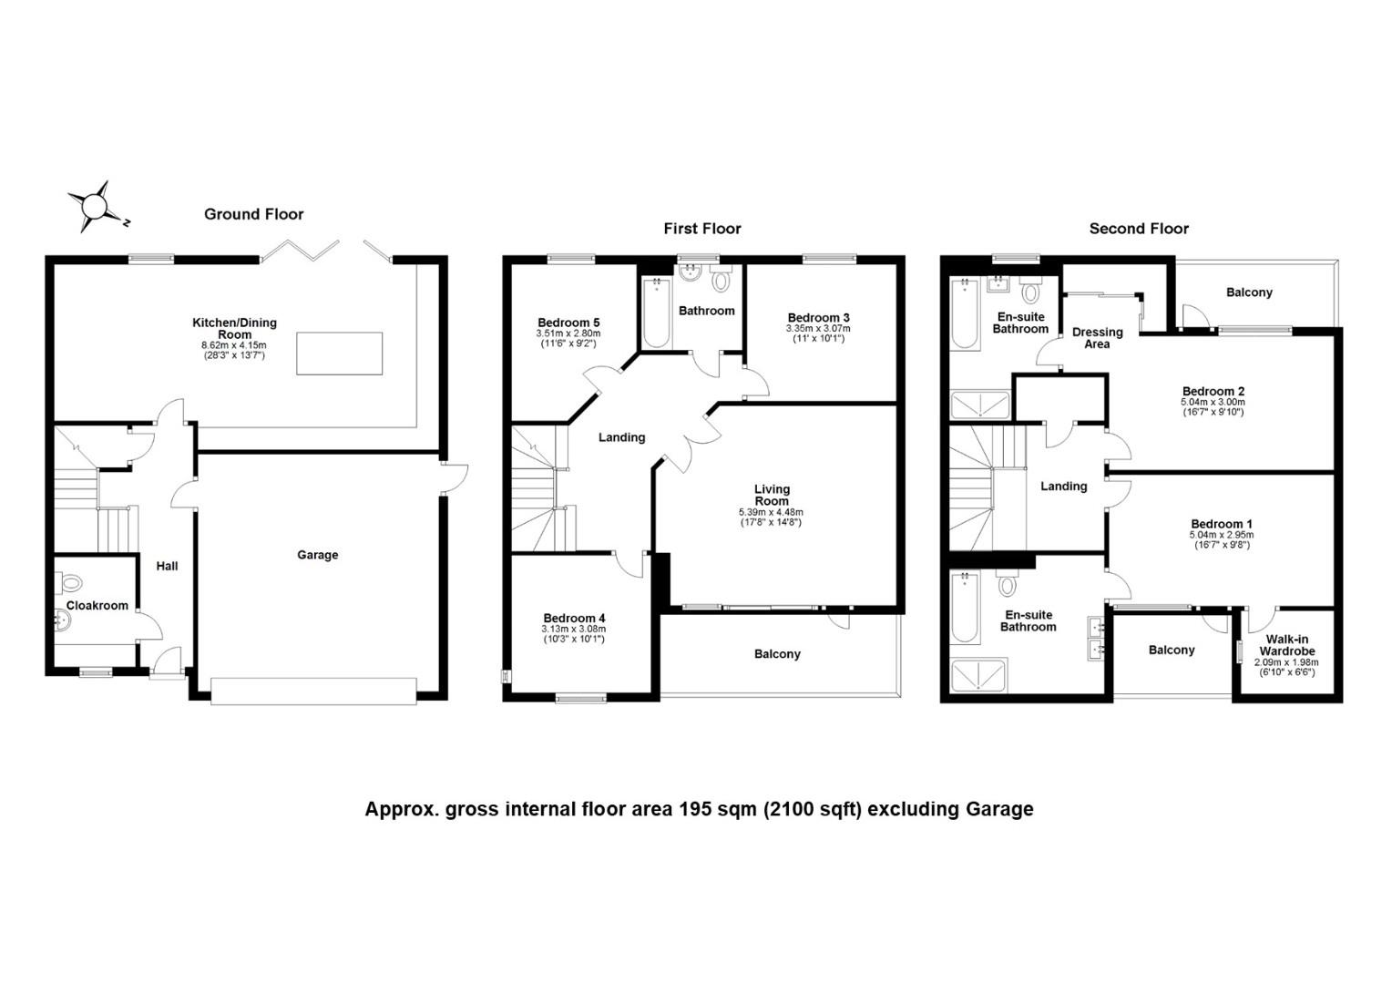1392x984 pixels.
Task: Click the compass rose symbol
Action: [96, 206]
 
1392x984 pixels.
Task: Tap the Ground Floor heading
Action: [253, 214]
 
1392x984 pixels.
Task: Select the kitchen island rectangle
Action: [339, 354]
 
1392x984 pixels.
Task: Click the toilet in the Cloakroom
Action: [71, 583]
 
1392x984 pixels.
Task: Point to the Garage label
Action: [318, 555]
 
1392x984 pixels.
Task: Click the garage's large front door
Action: [313, 692]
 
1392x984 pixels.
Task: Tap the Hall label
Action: [167, 567]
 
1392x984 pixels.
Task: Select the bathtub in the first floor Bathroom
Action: [656, 313]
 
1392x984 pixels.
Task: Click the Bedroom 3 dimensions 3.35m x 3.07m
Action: [818, 329]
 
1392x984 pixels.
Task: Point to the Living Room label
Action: [772, 495]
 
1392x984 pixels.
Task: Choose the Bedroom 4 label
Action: [574, 619]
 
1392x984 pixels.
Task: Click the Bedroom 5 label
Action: [568, 323]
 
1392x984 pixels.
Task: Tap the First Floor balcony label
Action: [777, 654]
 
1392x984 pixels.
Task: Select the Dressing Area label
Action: [1098, 338]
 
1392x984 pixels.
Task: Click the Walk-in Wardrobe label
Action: [1287, 645]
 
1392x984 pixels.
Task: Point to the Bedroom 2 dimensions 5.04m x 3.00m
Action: [1213, 402]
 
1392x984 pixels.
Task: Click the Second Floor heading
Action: [1139, 229]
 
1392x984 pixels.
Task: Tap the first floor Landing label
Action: [622, 437]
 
